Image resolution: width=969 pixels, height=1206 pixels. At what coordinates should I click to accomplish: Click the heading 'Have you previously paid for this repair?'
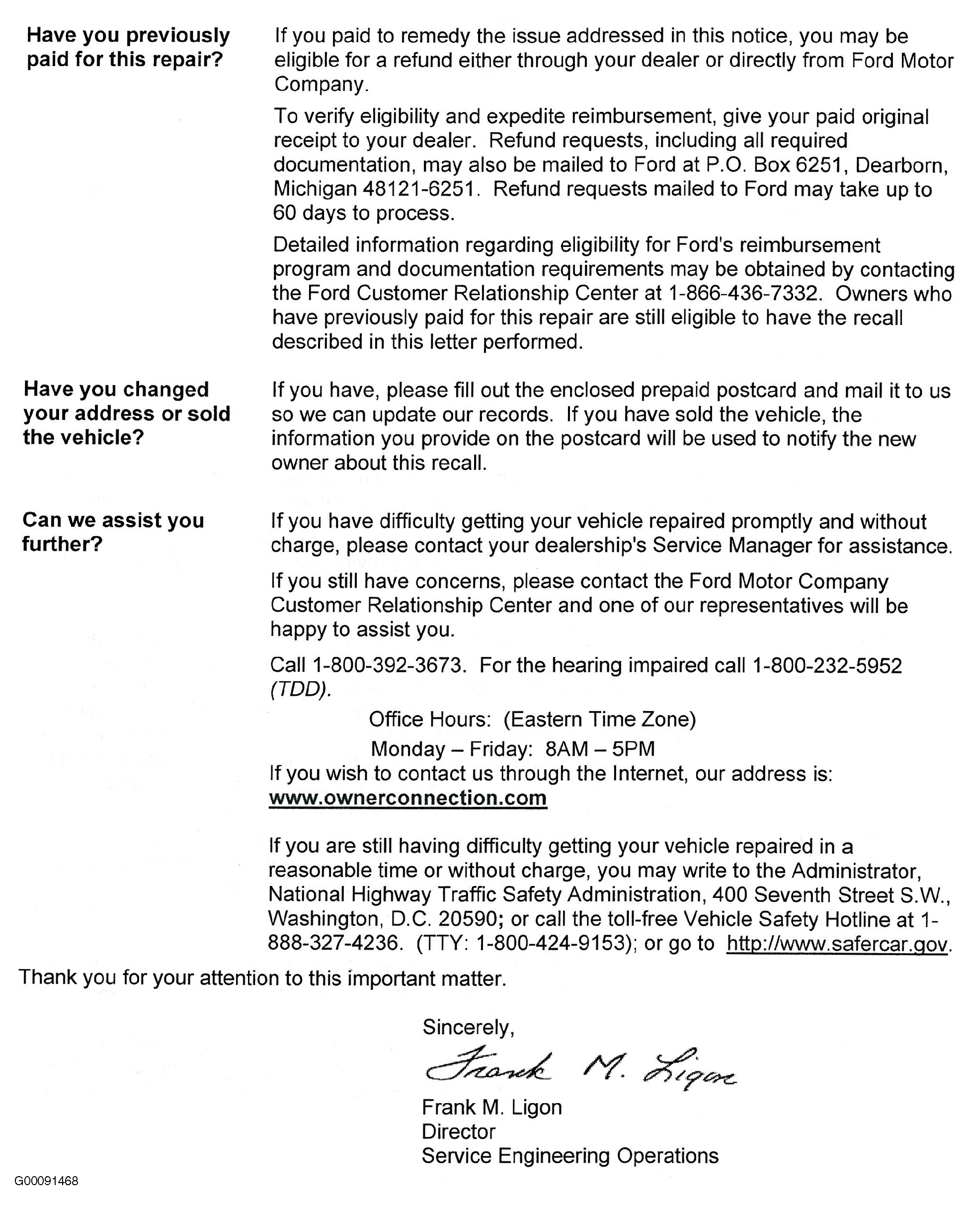point(128,47)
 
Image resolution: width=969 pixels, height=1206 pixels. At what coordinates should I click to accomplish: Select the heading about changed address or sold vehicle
point(126,413)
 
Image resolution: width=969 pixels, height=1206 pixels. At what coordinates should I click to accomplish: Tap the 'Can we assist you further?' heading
point(113,532)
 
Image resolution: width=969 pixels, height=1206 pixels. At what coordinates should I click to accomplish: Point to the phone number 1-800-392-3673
point(388,665)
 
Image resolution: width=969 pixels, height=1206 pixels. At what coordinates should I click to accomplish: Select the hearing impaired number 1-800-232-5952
point(827,665)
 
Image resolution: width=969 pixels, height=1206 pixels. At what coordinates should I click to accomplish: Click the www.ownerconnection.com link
point(408,798)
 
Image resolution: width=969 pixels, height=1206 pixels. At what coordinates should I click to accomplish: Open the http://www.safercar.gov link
point(837,944)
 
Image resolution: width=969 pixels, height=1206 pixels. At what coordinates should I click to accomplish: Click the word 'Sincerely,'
point(468,1027)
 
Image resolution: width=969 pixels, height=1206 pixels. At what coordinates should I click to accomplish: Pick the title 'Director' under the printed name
point(458,1131)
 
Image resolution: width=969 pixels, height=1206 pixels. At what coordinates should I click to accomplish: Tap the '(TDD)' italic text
point(301,689)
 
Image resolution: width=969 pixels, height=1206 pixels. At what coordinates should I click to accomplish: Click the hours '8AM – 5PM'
point(600,748)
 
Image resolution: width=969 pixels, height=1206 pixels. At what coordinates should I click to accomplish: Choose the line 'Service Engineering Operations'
point(570,1156)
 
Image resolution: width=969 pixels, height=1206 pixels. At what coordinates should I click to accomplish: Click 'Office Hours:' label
point(430,719)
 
